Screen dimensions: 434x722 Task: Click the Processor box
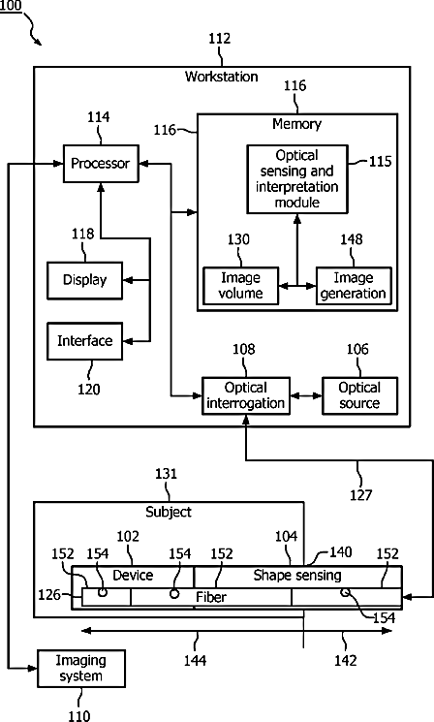[101, 164]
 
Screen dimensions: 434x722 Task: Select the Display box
[84, 280]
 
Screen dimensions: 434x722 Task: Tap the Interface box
[84, 341]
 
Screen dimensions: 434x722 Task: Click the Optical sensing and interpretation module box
[297, 179]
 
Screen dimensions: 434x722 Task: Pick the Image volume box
[240, 286]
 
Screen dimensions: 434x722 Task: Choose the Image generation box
[354, 286]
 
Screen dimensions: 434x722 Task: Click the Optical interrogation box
[246, 395]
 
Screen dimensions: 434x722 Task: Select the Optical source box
[359, 395]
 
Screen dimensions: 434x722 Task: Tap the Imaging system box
[81, 668]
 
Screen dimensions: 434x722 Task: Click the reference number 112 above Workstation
[220, 38]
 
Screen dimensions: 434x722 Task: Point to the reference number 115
[380, 161]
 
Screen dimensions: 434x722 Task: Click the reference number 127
[360, 495]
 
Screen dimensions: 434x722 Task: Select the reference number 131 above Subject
[167, 473]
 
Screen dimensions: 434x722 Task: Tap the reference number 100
[11, 6]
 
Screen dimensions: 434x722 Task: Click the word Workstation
[222, 77]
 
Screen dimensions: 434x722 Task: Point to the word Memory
[296, 124]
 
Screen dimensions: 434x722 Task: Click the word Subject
[169, 512]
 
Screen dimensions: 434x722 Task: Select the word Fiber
[211, 597]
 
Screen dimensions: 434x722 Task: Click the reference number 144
[195, 660]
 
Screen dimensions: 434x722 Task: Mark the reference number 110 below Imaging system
[79, 715]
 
